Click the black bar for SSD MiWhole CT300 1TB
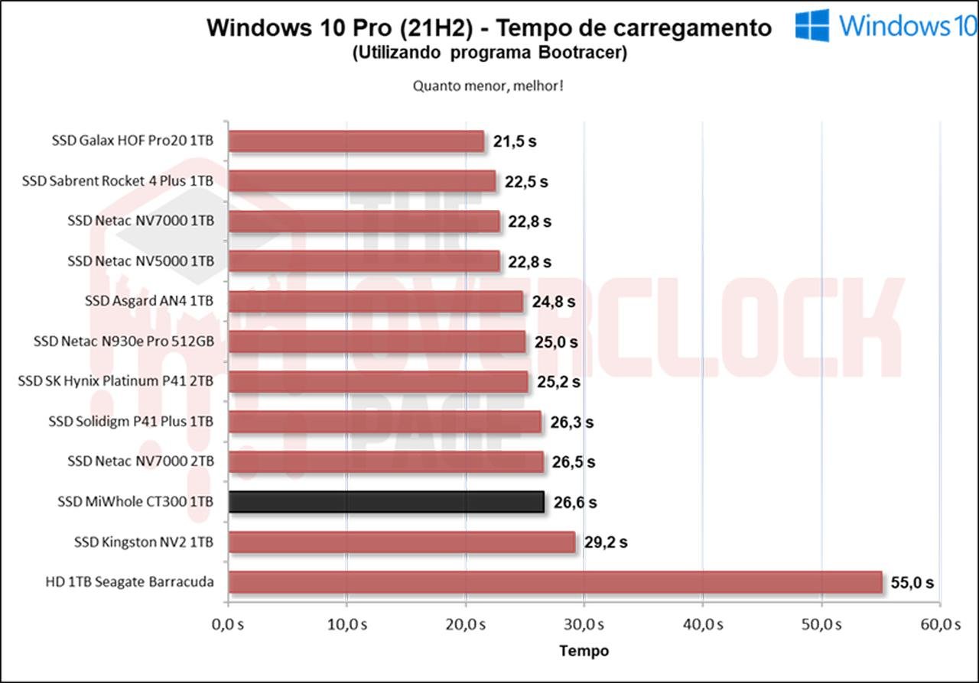pyautogui.click(x=386, y=502)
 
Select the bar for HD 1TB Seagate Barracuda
pyautogui.click(x=555, y=582)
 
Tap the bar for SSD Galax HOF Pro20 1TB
pyautogui.click(x=356, y=141)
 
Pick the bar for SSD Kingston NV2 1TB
pyautogui.click(x=402, y=542)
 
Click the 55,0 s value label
pyautogui.click(x=912, y=582)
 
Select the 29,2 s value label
pyautogui.click(x=606, y=542)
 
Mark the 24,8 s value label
pyautogui.click(x=554, y=302)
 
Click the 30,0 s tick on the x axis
pyautogui.click(x=584, y=624)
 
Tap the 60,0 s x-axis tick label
pyautogui.click(x=940, y=624)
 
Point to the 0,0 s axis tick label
pyautogui.click(x=228, y=624)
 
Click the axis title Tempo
pyautogui.click(x=584, y=651)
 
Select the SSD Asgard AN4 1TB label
pyautogui.click(x=149, y=301)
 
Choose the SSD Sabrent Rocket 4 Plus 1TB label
pyautogui.click(x=118, y=181)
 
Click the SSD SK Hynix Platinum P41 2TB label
pyautogui.click(x=115, y=381)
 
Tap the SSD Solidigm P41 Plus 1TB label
pyautogui.click(x=131, y=421)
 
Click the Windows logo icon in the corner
pyautogui.click(x=811, y=25)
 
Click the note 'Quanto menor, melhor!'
pyautogui.click(x=489, y=86)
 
